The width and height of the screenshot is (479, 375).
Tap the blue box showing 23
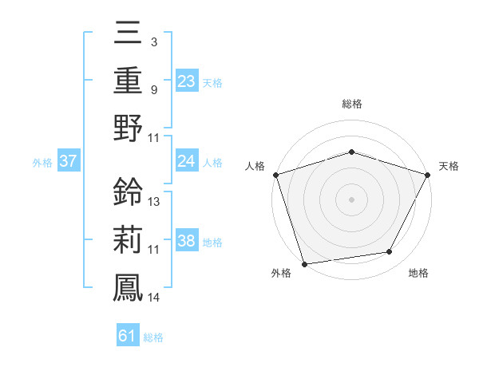[187, 81]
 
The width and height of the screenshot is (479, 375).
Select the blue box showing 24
[187, 161]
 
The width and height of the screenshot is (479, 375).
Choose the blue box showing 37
[68, 161]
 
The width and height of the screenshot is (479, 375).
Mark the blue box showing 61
[128, 336]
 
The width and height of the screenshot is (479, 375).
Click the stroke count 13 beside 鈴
[154, 201]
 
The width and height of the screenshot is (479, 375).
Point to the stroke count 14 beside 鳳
[154, 298]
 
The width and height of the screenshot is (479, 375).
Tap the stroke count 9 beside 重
[153, 89]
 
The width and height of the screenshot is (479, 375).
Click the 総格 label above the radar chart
[352, 104]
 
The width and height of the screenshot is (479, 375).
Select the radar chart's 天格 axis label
[449, 166]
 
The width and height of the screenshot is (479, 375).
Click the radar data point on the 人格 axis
[275, 175]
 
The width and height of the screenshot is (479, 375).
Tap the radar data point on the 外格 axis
[305, 263]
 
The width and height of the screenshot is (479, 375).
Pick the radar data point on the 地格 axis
[390, 252]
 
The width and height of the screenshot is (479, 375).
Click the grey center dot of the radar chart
[352, 199]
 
